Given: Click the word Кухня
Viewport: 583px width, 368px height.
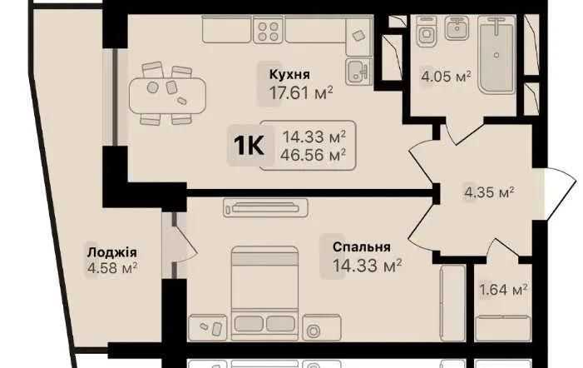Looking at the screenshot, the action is coord(289,74).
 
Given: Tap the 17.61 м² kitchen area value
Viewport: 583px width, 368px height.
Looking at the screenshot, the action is coord(300,93).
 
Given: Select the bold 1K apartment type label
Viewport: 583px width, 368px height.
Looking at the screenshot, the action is coord(249,146).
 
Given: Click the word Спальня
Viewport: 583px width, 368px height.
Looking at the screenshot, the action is coord(362,247).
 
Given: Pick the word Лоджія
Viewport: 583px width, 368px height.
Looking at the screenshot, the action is coord(112,252).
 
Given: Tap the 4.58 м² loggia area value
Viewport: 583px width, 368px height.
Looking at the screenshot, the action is coord(112,267).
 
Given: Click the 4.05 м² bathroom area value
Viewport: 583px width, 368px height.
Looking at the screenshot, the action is coord(446,77).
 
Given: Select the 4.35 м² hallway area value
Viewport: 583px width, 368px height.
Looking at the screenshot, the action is coord(489,193).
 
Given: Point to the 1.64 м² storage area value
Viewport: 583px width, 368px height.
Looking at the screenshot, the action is coord(503,290).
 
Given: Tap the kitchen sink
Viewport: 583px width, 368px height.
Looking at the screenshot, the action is coord(358,72).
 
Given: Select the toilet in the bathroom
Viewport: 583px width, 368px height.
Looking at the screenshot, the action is coord(427,32).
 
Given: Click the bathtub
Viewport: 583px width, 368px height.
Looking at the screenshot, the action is coord(497,54).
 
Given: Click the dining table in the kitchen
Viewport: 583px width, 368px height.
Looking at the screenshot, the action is coord(167,95).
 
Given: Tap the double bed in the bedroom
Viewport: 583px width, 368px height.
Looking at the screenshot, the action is coord(264,293).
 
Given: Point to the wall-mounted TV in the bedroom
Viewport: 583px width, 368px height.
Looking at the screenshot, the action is coord(265,208).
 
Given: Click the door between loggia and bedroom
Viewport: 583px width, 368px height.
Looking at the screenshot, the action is coord(180,244).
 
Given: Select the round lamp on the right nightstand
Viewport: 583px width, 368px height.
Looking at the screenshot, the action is coord(314,331).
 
